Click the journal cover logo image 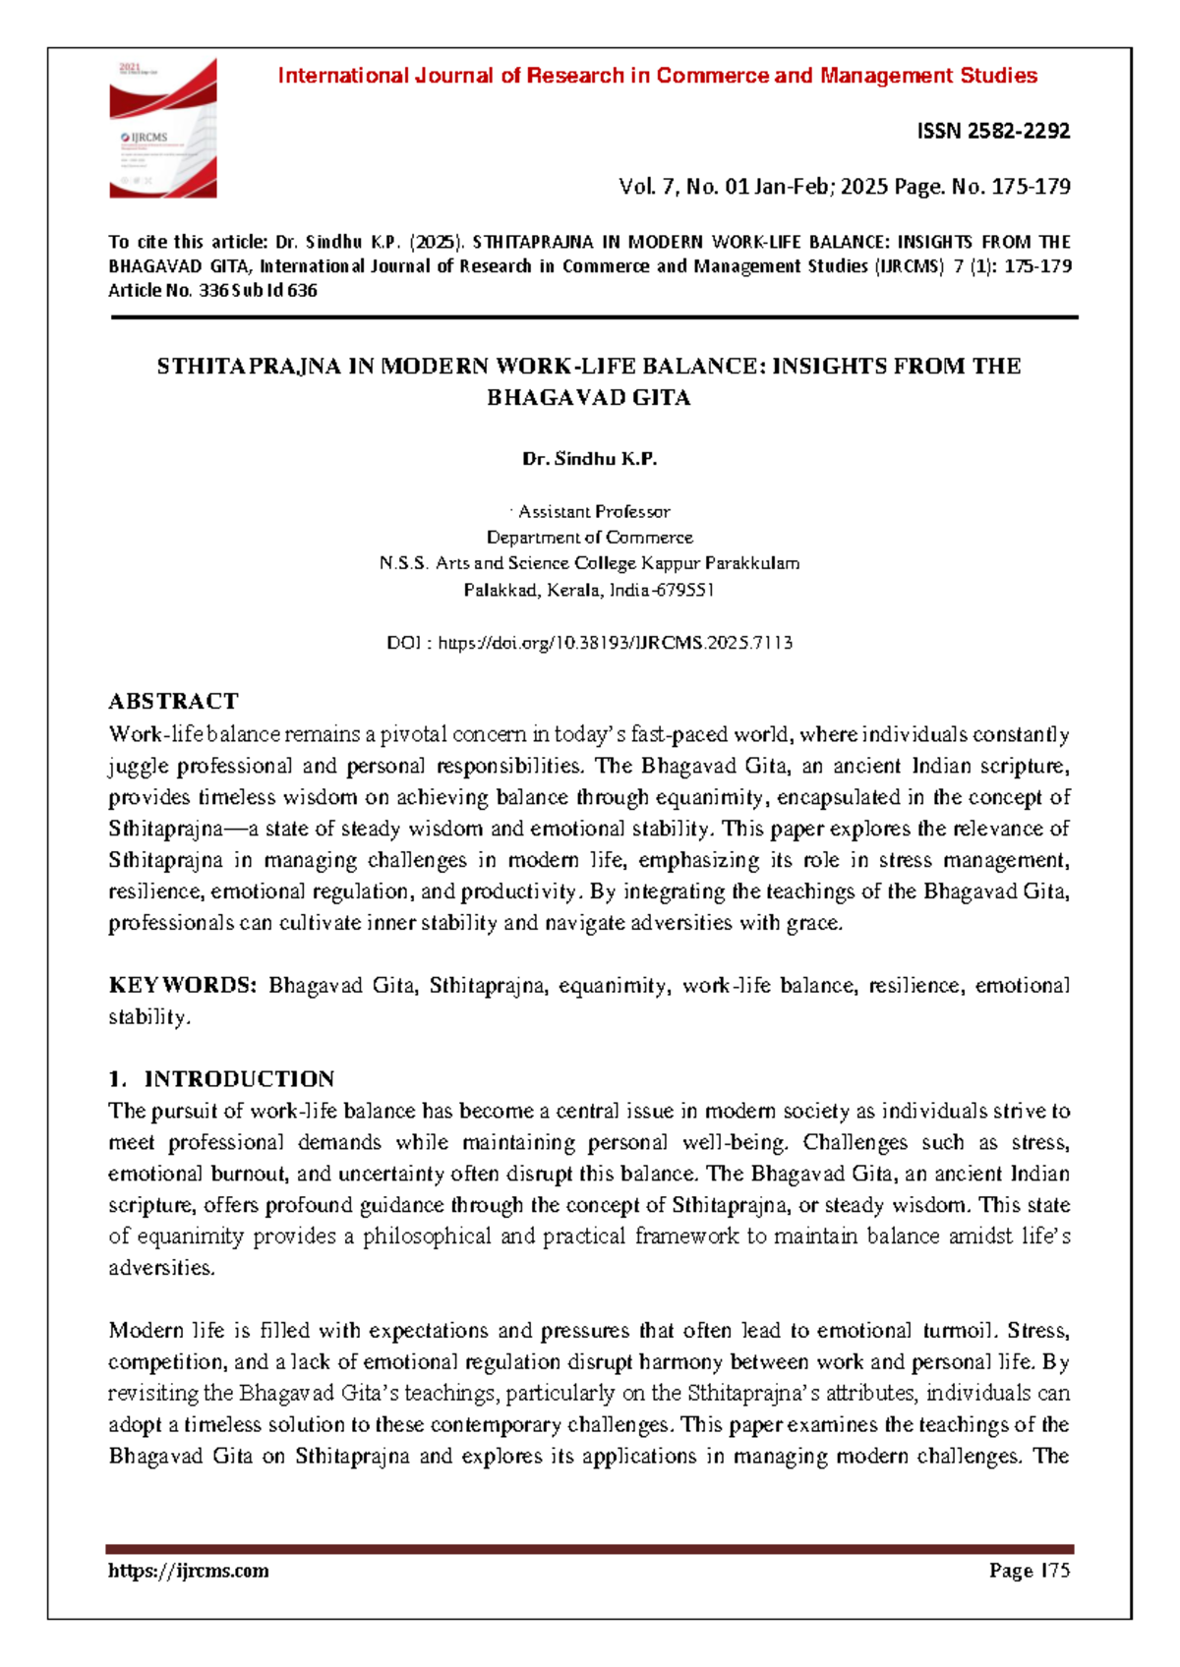coord(162,128)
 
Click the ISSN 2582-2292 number coord(992,131)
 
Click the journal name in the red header coord(657,76)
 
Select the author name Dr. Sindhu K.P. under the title coord(589,459)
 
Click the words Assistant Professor coord(594,511)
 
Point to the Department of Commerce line coord(589,538)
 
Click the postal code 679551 coord(684,591)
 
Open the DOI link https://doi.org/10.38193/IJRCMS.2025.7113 coord(615,643)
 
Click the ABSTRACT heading coord(173,701)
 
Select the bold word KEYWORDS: coord(182,986)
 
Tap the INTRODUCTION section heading coord(239,1079)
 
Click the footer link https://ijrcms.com coord(188,1571)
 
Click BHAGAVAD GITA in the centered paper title coord(589,398)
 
